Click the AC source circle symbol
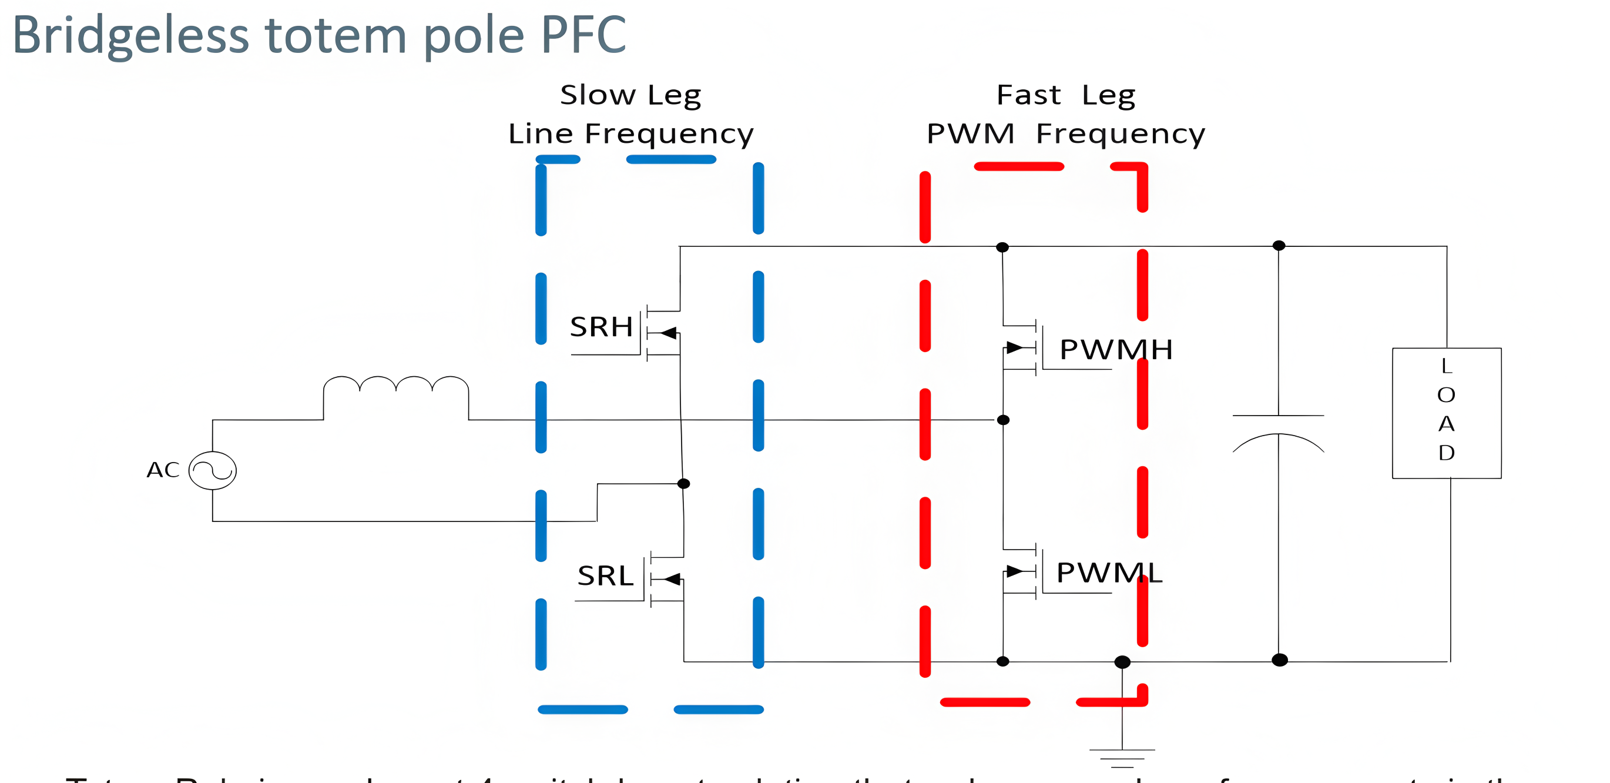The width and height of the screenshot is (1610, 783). (x=213, y=470)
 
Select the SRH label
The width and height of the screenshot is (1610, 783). (x=601, y=327)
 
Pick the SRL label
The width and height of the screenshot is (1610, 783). (x=605, y=576)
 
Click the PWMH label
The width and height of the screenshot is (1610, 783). (x=1116, y=350)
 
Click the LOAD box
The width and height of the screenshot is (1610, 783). (x=1446, y=413)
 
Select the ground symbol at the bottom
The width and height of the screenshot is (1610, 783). (x=1122, y=757)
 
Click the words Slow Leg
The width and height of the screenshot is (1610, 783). (x=630, y=96)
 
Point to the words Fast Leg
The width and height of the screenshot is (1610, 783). (x=1066, y=96)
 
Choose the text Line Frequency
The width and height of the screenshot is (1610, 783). (x=630, y=135)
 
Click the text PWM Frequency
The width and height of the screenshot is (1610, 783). (x=1066, y=135)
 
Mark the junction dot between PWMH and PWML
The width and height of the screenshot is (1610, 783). (x=1003, y=420)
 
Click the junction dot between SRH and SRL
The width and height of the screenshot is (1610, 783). (x=684, y=483)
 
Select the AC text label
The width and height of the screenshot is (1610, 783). (x=163, y=470)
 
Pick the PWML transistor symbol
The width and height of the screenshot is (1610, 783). (x=1020, y=571)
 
